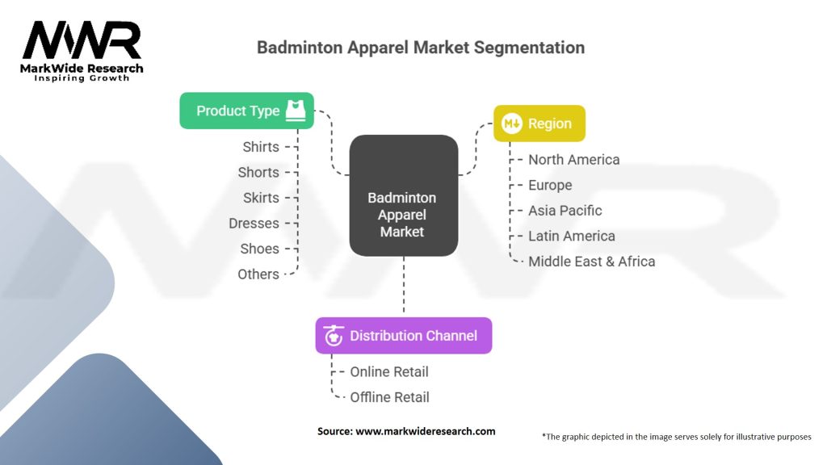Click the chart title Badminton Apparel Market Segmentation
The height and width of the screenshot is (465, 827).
pos(420,47)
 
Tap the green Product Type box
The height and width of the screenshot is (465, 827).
pos(246,111)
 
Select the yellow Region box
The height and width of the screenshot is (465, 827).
pos(539,124)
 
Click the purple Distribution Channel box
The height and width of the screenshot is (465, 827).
pos(403,336)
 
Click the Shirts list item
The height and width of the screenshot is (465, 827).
pos(261,147)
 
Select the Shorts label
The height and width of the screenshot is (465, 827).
pos(258,172)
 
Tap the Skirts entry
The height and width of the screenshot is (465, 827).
pos(261,198)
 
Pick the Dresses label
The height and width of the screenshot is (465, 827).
pos(254,224)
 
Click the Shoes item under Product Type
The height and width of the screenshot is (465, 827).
pos(259,249)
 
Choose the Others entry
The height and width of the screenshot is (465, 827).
pos(258,274)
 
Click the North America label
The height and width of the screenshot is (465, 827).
pos(573,160)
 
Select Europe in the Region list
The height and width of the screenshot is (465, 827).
pos(550,185)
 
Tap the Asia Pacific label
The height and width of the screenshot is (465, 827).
pos(565,211)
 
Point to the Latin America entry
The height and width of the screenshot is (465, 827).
pos(571,236)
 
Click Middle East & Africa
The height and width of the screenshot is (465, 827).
pos(591,262)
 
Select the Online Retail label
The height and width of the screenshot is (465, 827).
pos(388,372)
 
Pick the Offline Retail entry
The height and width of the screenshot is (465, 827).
pos(389,397)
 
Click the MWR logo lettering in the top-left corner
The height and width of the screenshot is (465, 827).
pos(82,40)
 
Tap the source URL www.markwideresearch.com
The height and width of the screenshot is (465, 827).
pos(426,431)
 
